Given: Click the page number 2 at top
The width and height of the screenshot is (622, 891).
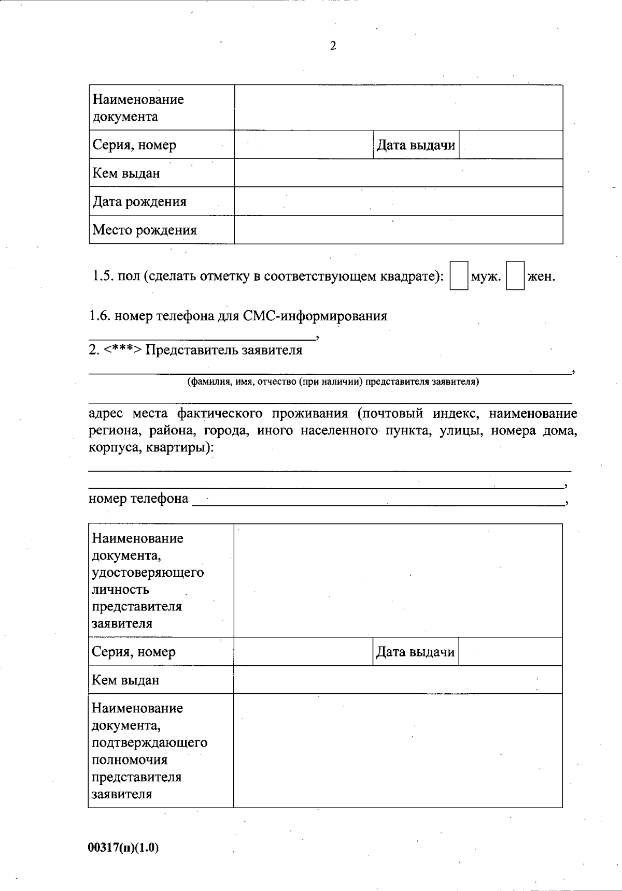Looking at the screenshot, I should point(333,46).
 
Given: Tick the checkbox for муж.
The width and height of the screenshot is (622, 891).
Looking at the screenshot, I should point(459,276).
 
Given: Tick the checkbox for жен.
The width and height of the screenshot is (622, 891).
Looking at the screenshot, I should point(515,276).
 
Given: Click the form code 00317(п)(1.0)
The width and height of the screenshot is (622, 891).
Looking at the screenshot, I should point(123,847).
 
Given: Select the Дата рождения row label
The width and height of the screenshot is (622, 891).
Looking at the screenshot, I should point(139,201).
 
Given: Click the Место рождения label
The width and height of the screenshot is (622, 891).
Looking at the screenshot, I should point(145,230).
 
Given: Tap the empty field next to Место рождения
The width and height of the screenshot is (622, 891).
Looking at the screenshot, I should point(398,230).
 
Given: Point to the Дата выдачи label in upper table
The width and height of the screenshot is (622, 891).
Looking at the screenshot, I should point(416,145).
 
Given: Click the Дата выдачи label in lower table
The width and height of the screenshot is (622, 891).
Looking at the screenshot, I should point(415,652).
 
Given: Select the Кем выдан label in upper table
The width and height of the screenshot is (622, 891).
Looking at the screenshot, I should point(126,173).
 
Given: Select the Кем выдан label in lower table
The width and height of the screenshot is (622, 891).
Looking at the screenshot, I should point(125,680).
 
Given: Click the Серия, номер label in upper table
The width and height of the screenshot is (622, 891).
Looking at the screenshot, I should point(134,145).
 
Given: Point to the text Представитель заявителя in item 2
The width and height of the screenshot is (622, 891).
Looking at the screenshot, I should point(223,350).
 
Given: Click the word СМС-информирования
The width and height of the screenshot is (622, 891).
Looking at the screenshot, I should point(315,316).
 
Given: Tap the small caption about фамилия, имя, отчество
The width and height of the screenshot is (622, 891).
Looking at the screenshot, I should point(333,382).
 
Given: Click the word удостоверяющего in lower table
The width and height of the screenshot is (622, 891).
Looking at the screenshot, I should point(148,573).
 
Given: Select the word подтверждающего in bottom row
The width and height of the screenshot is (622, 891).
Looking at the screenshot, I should point(149,742).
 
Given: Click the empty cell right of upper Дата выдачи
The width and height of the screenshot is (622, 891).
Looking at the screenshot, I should point(511,145).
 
